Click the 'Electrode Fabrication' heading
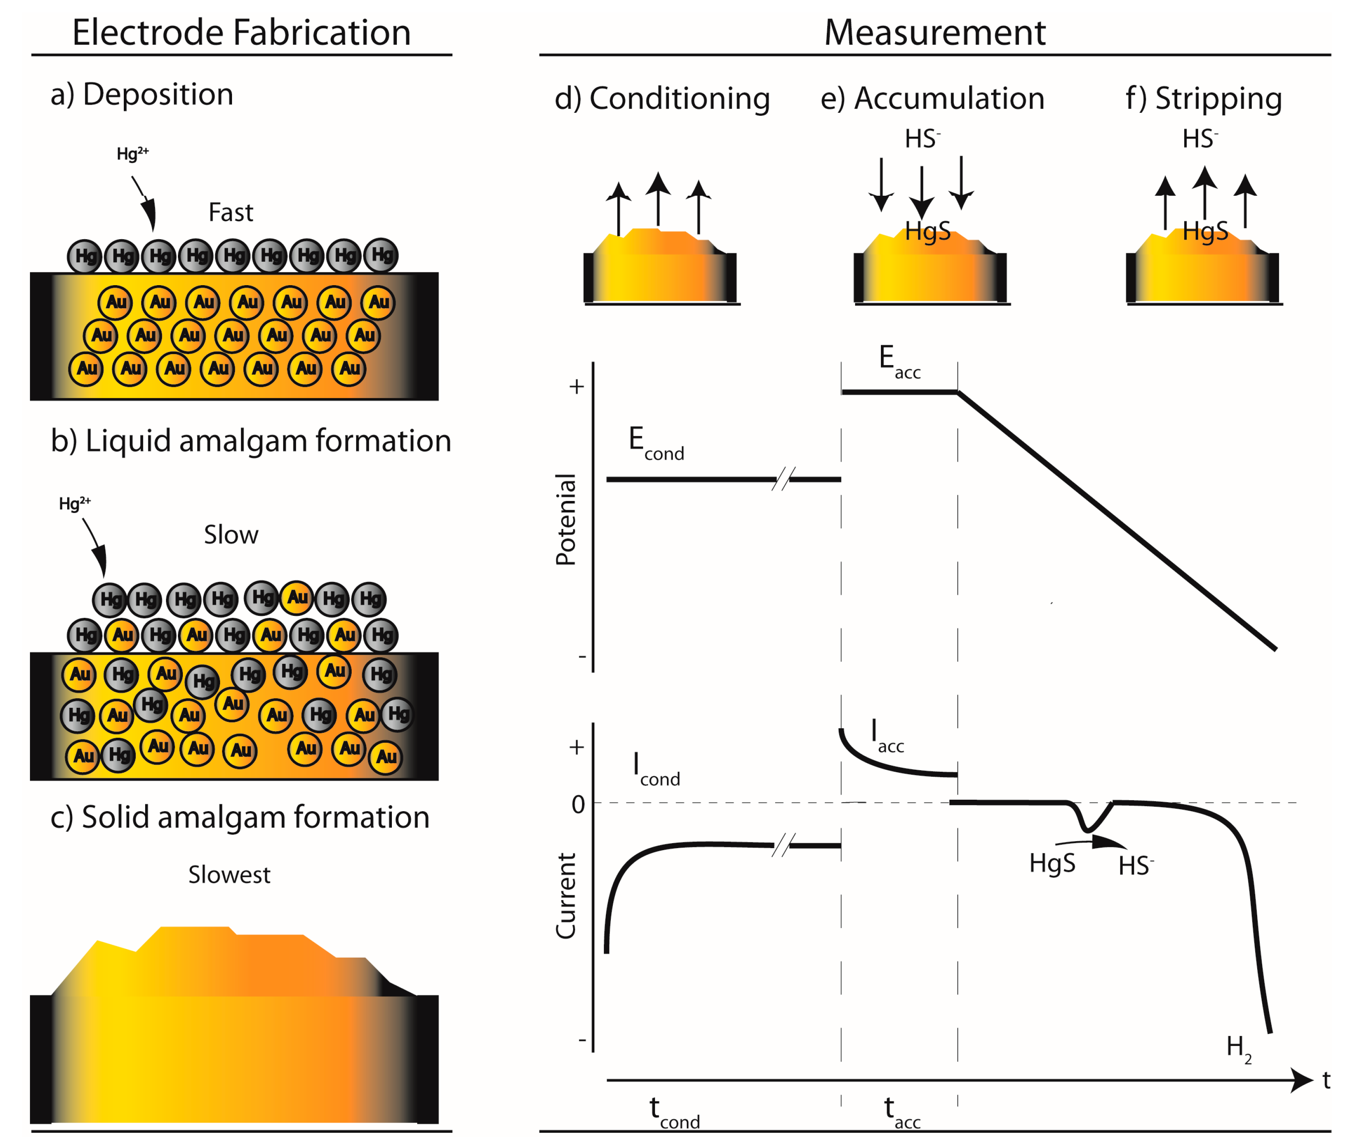241,32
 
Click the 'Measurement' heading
934,32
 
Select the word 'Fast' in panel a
230,213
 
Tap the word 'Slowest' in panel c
229,874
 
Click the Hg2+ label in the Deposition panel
132,154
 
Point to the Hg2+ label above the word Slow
75,503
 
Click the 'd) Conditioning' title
662,99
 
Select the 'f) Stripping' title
1203,99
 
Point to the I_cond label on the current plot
655,770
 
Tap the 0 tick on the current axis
578,804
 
